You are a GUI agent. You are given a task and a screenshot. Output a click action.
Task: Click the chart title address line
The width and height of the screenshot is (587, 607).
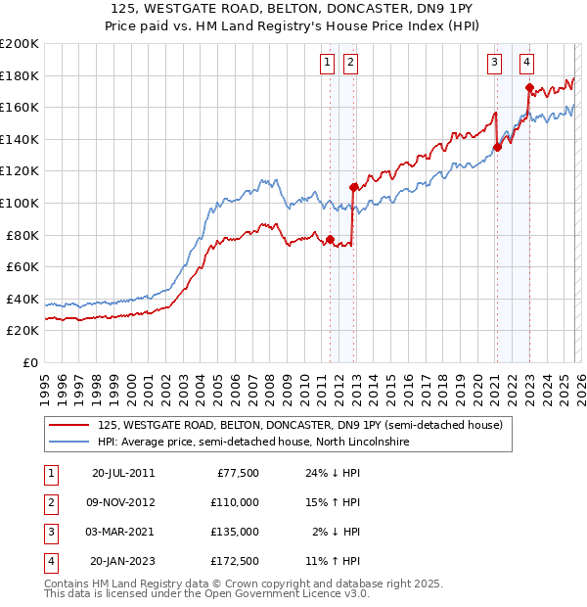coord(293,8)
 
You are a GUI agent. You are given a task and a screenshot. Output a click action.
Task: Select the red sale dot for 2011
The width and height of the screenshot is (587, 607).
coord(330,239)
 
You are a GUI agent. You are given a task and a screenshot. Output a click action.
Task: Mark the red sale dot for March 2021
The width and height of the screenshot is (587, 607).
coord(497,147)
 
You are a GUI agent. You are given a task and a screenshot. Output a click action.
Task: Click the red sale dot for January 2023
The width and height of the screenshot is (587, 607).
coord(529,87)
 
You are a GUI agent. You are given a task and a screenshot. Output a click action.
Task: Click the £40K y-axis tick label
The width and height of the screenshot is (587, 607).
coord(23,299)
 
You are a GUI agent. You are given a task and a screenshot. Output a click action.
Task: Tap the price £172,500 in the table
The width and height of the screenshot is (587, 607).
coord(236,561)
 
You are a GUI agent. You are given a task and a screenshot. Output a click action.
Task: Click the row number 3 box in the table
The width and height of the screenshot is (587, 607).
coord(48,532)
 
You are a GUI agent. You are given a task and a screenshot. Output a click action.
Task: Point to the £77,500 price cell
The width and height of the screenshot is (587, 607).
coord(238,472)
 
